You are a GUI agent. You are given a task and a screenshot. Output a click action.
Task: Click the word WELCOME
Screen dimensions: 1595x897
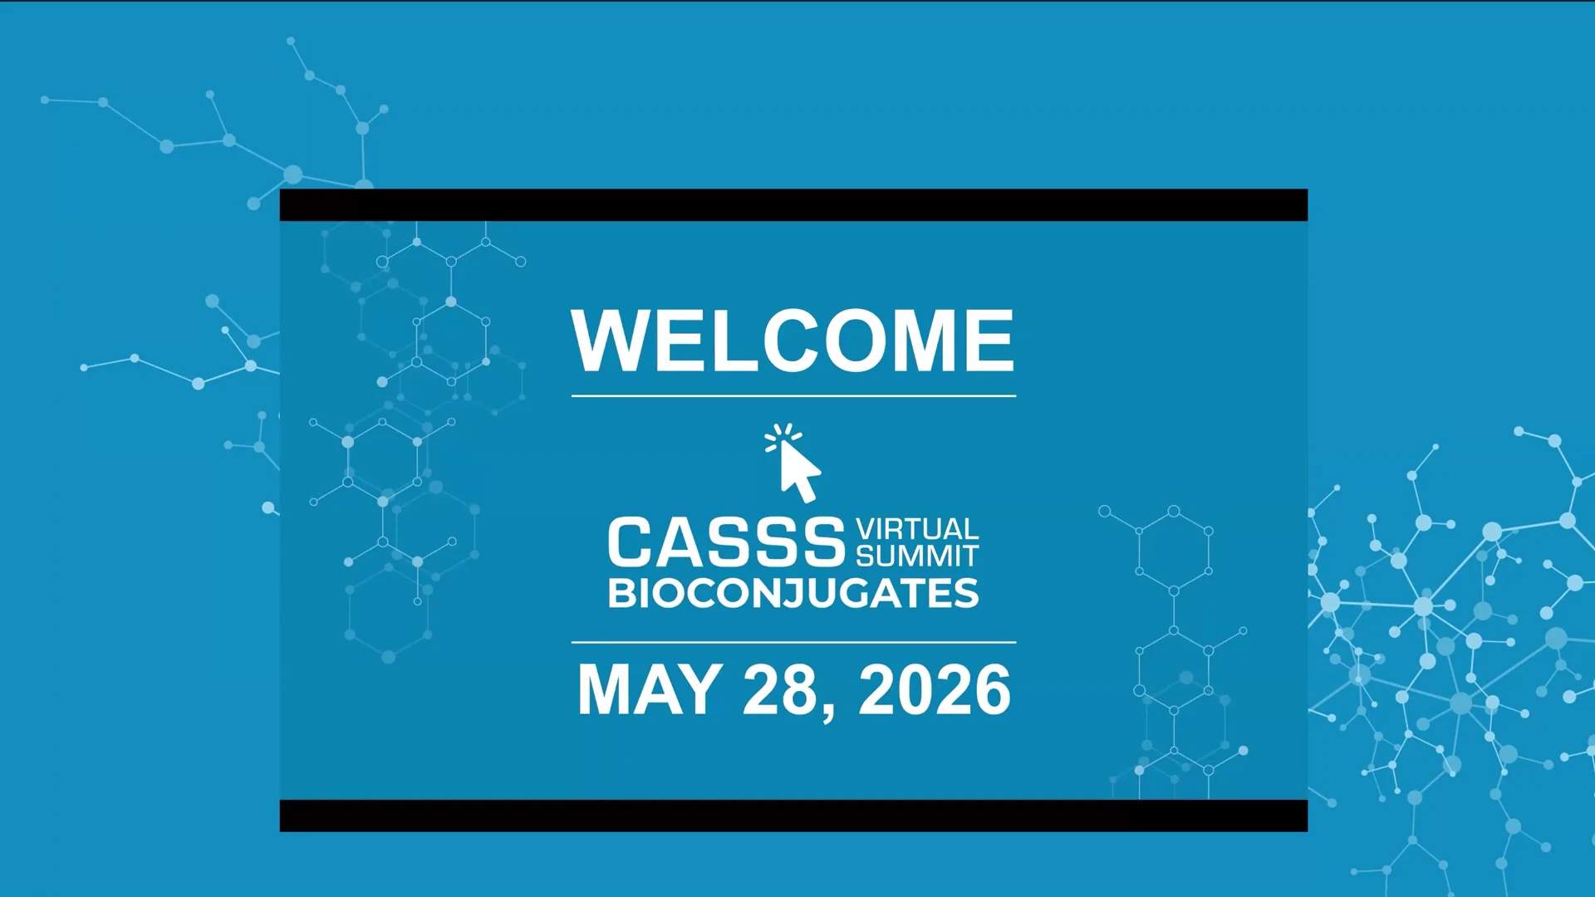point(793,341)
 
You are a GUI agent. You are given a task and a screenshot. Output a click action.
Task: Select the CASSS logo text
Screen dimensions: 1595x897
point(726,542)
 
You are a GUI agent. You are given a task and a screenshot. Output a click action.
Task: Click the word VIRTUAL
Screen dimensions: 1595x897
point(917,529)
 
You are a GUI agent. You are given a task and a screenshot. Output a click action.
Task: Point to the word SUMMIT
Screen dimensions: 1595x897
point(917,555)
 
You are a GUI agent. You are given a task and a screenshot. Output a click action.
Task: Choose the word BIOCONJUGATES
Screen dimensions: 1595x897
point(793,594)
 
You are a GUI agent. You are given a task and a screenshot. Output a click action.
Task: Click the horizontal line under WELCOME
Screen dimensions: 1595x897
point(793,396)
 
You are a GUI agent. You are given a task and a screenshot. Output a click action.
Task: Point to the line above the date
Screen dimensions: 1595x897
point(793,642)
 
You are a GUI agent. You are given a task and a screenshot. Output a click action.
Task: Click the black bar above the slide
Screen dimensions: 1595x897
point(793,205)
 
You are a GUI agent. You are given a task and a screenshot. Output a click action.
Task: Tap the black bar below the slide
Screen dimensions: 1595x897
point(793,816)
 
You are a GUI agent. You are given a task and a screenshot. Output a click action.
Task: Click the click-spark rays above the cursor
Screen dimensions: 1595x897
point(783,436)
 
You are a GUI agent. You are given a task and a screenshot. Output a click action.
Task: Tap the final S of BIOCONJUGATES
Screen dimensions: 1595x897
point(967,594)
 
